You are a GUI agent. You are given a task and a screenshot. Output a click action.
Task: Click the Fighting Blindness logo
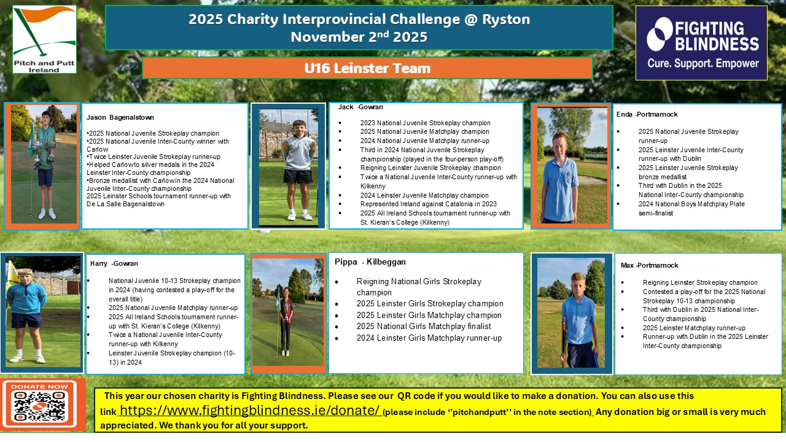[x=701, y=43]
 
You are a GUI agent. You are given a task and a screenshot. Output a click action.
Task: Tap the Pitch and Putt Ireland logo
[x=44, y=39]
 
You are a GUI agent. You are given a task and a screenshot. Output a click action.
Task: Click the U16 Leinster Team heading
[x=367, y=68]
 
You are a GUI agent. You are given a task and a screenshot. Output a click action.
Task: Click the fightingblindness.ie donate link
[x=249, y=411]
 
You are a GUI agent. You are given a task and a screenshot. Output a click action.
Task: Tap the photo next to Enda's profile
[x=571, y=166]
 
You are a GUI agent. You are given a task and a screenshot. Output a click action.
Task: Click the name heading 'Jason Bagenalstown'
[x=120, y=117]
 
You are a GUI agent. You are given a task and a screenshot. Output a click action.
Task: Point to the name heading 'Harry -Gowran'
[x=114, y=263]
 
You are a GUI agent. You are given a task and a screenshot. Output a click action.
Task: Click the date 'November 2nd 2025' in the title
[x=359, y=37]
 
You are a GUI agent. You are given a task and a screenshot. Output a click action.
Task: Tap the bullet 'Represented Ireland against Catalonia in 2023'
[x=429, y=204]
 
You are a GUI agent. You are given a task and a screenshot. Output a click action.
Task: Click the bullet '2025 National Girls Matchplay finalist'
[x=424, y=326]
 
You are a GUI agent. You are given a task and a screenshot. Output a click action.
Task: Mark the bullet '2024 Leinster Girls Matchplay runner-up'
[x=429, y=338]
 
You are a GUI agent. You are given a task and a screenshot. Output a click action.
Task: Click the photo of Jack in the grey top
[x=289, y=166]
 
